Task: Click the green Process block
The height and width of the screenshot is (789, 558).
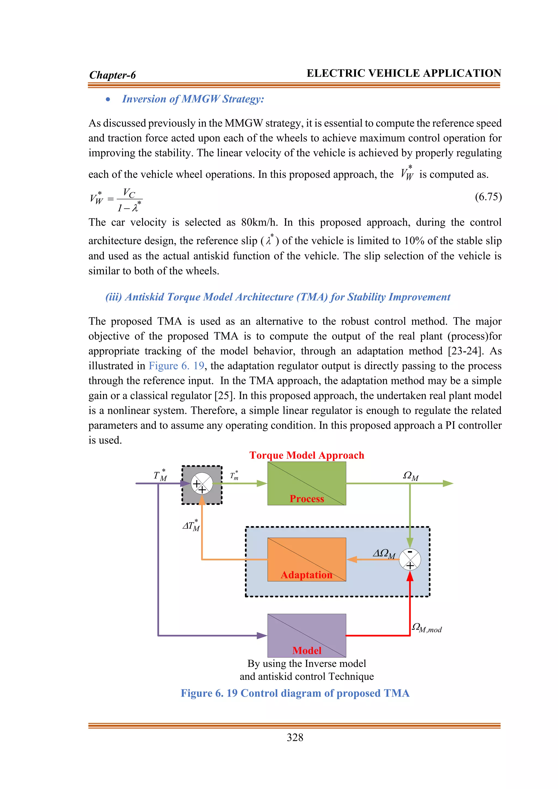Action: click(x=307, y=483)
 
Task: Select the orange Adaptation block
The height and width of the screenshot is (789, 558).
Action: click(x=307, y=559)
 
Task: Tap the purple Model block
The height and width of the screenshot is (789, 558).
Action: click(x=307, y=635)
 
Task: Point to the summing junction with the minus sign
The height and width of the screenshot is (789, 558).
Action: click(x=410, y=559)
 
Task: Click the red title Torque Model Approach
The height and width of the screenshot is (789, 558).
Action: click(x=307, y=455)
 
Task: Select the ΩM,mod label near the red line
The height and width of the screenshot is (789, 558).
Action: click(x=427, y=627)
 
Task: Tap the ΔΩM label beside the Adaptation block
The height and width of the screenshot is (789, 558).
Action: click(x=384, y=554)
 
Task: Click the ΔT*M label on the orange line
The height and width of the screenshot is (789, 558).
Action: click(x=191, y=526)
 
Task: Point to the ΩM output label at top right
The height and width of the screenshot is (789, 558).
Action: click(x=411, y=476)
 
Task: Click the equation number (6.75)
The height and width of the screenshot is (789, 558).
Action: click(x=488, y=197)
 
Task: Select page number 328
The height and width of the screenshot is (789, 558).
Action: click(x=295, y=737)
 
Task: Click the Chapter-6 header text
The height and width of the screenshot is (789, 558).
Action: click(x=112, y=75)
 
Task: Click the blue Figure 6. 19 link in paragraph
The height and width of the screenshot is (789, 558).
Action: click(x=176, y=366)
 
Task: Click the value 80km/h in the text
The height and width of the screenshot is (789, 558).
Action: click(x=259, y=222)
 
